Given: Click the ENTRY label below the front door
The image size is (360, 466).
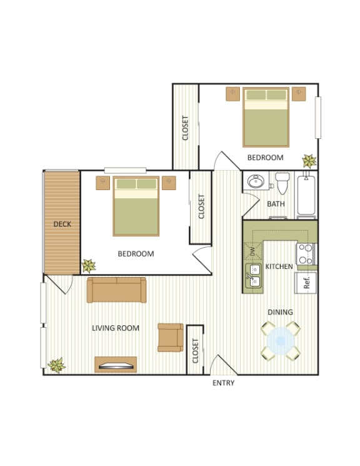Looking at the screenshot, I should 223,383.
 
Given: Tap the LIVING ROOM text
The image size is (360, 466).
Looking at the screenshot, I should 116,328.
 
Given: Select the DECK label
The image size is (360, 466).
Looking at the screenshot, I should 61,224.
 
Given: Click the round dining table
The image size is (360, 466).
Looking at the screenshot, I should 280,342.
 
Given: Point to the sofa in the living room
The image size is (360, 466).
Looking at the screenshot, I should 116,290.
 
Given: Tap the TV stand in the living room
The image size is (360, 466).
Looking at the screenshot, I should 116,364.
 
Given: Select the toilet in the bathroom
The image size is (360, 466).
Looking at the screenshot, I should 282,183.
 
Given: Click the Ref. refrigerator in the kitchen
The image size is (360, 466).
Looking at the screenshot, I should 306,282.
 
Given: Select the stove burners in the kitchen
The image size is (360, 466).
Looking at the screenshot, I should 305,253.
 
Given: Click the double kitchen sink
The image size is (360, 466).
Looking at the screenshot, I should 254,277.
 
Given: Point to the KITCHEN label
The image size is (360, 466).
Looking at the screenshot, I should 279,266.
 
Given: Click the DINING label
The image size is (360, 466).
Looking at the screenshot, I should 280,312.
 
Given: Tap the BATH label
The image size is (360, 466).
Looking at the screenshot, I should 276,204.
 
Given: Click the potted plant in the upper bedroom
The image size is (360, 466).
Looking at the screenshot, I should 309,161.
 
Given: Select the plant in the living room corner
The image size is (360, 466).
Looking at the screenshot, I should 57,365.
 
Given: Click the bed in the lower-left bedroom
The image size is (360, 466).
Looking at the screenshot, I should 136,206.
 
